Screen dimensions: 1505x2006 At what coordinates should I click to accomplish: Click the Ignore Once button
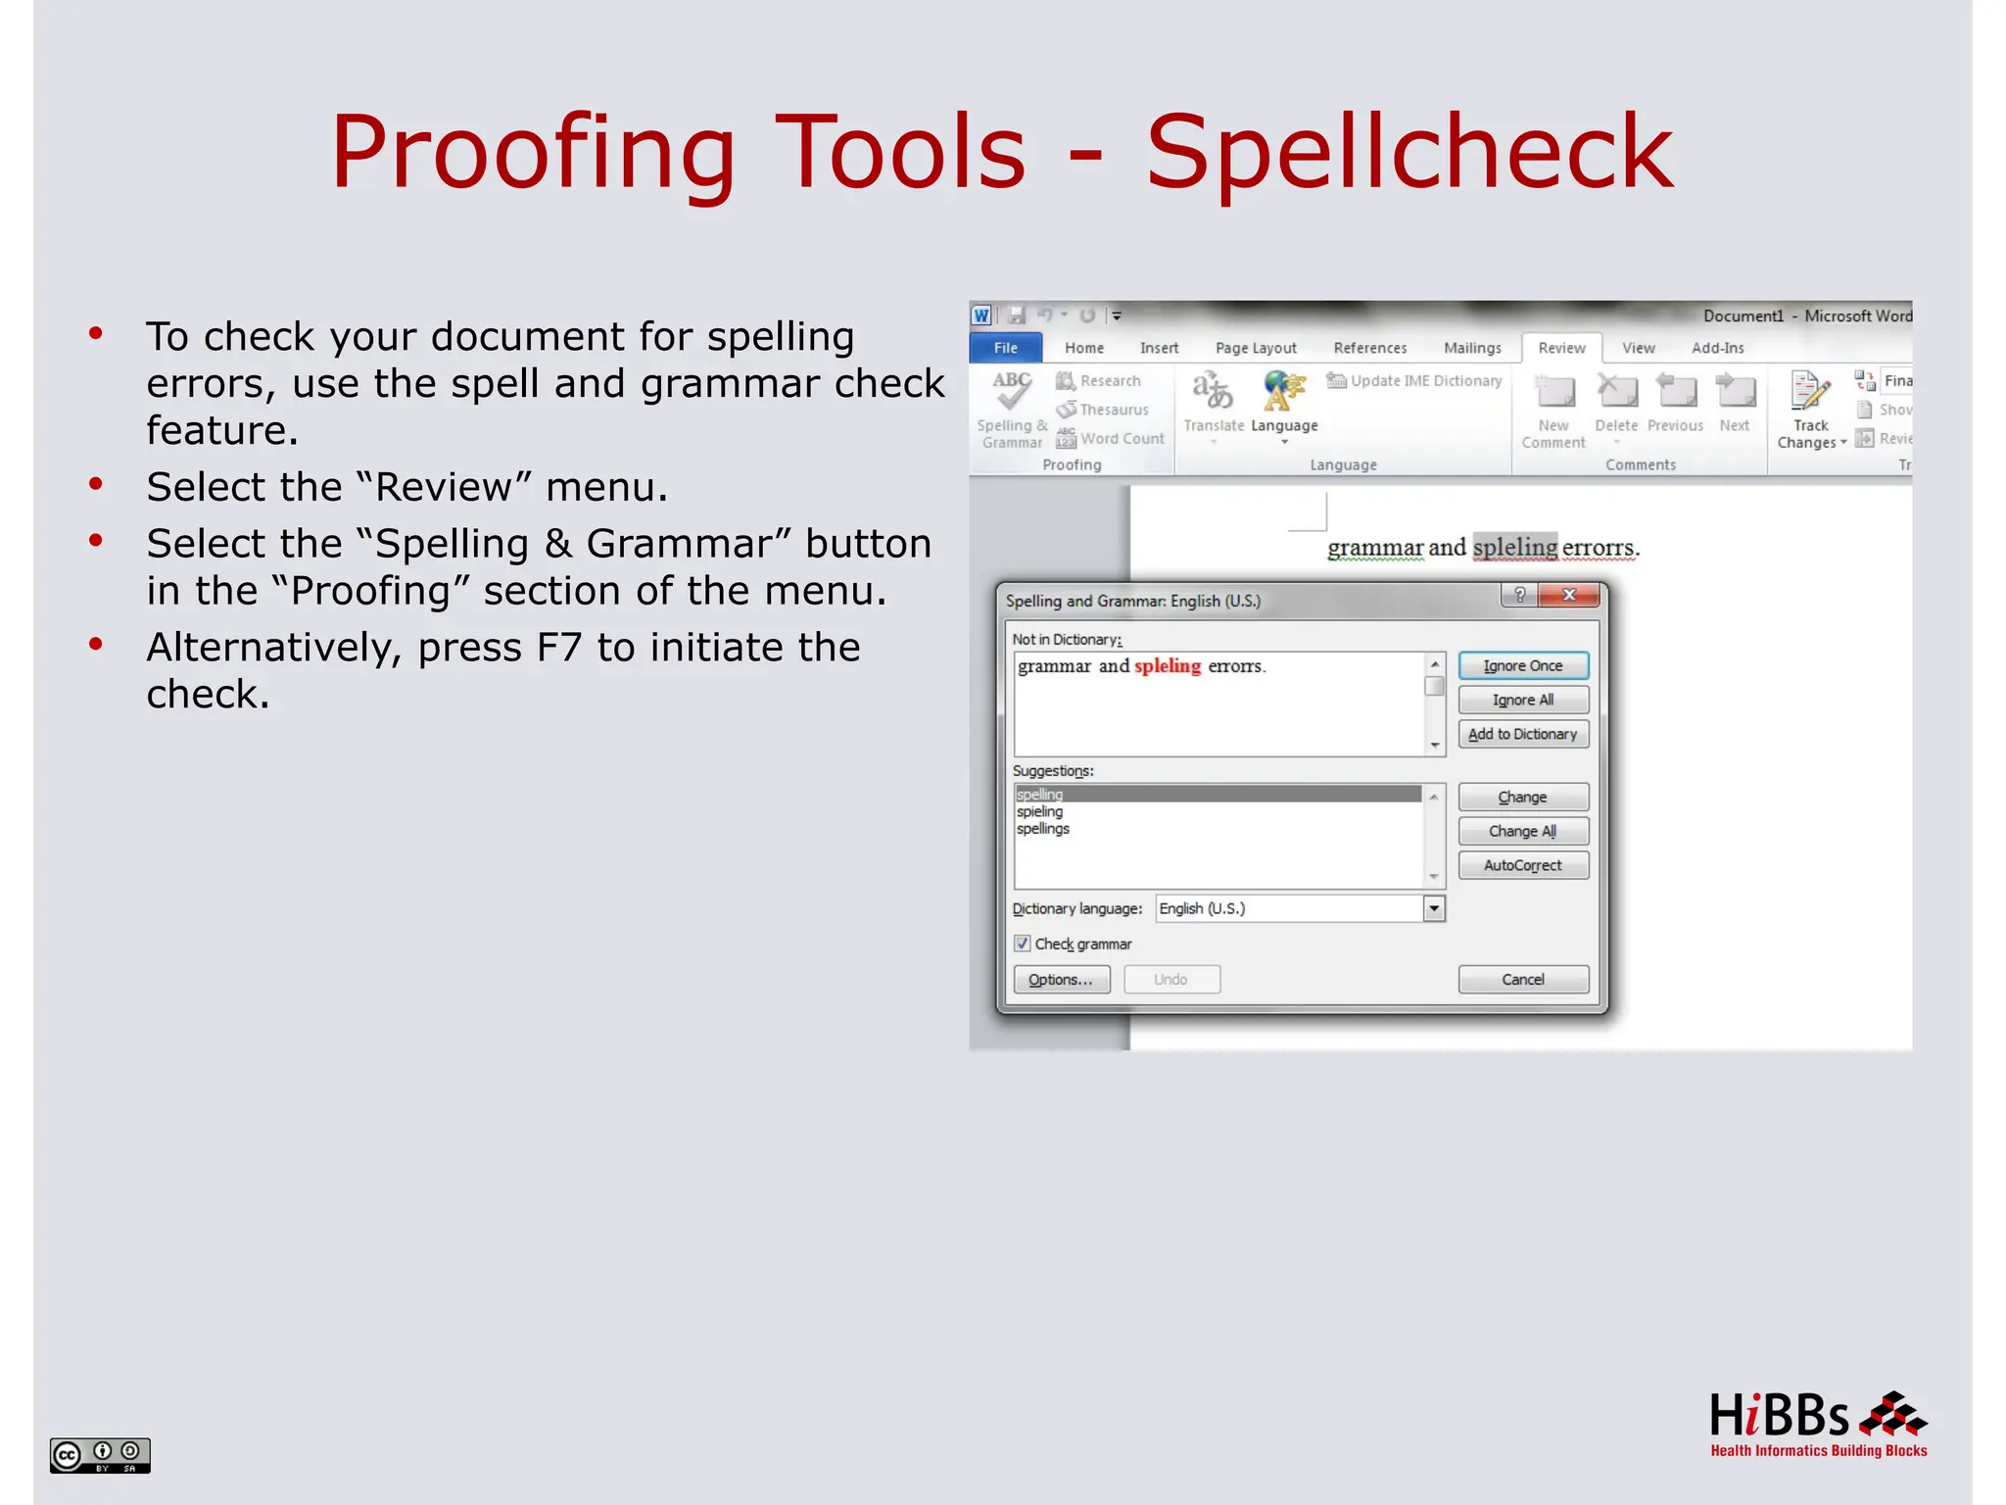[1522, 666]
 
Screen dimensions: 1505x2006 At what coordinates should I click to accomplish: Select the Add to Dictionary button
[1522, 734]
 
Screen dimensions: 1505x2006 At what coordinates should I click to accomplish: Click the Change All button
[1522, 831]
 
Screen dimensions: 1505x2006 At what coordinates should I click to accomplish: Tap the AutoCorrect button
[1522, 865]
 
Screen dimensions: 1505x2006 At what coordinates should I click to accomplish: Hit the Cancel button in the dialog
[1522, 980]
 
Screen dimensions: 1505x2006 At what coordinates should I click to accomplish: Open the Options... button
[1061, 980]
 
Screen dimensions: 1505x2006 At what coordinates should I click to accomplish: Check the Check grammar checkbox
[1023, 944]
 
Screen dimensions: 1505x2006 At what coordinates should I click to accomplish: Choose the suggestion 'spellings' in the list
[1043, 829]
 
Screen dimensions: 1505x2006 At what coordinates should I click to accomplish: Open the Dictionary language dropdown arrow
[1434, 908]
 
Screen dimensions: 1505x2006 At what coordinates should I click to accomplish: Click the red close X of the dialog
[1568, 595]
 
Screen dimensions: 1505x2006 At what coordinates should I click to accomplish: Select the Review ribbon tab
[1561, 348]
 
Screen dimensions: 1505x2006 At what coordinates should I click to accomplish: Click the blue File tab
[1006, 348]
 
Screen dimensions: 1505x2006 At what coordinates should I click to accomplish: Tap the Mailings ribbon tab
[1472, 348]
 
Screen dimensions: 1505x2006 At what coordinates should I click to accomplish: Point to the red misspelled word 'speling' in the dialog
[1168, 666]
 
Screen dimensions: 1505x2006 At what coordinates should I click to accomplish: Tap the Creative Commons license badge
[100, 1455]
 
